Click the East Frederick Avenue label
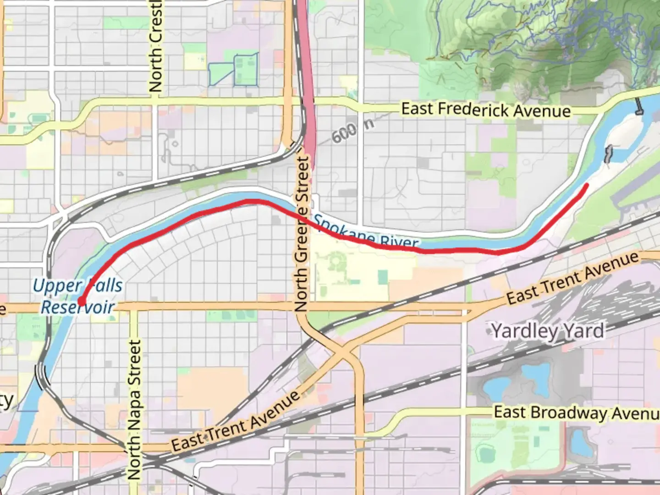pyautogui.click(x=486, y=110)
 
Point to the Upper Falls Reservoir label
pyautogui.click(x=77, y=296)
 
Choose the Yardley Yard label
pyautogui.click(x=548, y=330)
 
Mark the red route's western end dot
pyautogui.click(x=81, y=302)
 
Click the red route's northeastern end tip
pyautogui.click(x=586, y=185)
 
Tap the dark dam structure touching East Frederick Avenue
pyautogui.click(x=638, y=107)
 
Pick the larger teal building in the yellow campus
pyautogui.click(x=382, y=277)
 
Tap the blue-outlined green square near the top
pyautogui.click(x=246, y=69)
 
